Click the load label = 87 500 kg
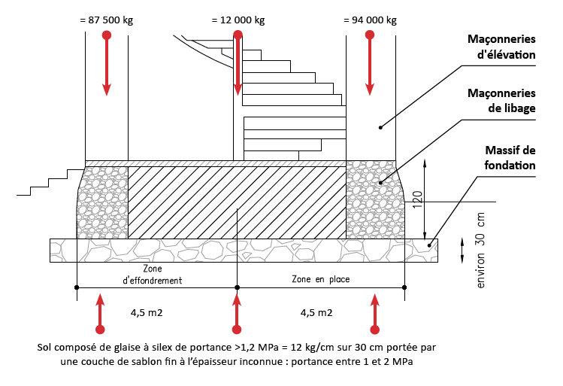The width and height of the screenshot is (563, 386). point(106,20)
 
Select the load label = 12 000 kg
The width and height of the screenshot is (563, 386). point(238,20)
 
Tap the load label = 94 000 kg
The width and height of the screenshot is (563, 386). point(369,20)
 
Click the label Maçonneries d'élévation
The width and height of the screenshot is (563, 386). point(501,47)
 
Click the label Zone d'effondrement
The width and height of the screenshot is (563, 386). point(152,274)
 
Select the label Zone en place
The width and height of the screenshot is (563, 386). point(320,279)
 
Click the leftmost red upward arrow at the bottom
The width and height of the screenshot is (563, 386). point(101,312)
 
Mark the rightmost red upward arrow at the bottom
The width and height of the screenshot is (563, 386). point(374,312)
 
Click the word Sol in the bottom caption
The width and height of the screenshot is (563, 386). point(44,348)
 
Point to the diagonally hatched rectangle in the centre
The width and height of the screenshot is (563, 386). point(237,202)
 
